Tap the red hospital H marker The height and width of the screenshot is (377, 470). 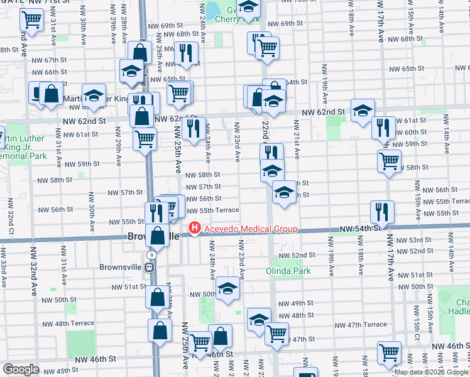(x=195, y=229)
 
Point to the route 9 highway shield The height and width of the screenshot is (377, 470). (x=151, y=254)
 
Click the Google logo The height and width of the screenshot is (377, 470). (x=21, y=369)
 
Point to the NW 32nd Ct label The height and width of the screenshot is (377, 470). (x=11, y=219)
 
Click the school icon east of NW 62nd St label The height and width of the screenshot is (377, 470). (x=363, y=111)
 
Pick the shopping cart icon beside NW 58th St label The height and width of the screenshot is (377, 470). (x=389, y=161)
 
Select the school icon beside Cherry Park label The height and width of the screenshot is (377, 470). (x=249, y=10)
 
